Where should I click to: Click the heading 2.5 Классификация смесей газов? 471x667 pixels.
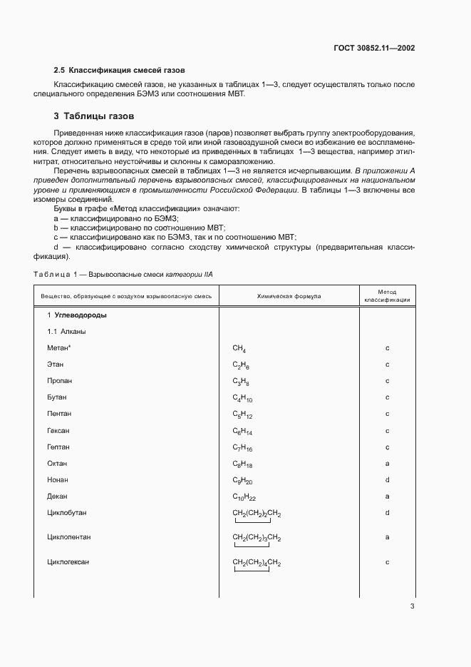[x=120, y=71]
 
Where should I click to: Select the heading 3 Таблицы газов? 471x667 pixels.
[x=94, y=116]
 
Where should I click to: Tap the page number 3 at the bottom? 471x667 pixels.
[x=412, y=606]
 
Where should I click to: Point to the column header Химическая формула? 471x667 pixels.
[x=289, y=295]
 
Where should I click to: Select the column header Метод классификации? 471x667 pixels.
[x=387, y=296]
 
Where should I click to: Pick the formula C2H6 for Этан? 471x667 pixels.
[x=241, y=365]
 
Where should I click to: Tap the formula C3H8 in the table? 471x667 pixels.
[x=241, y=382]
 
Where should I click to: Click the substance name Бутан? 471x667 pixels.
[x=57, y=397]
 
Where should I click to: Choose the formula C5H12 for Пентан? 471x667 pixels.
[x=242, y=414]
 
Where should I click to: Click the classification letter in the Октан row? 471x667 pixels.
[x=387, y=463]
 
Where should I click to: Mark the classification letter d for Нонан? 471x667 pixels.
[x=387, y=479]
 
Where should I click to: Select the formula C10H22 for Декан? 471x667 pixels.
[x=244, y=497]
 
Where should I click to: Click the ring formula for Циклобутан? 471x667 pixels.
[x=257, y=514]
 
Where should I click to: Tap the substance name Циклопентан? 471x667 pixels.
[x=68, y=536]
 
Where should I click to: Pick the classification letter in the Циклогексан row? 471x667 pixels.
[x=387, y=562]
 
